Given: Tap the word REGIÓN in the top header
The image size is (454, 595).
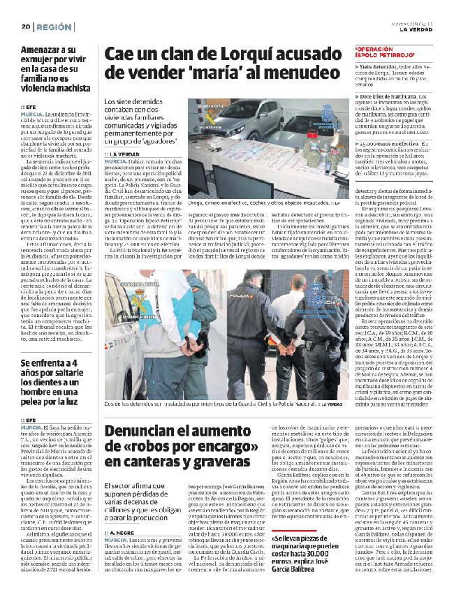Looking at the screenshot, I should (55, 27).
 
